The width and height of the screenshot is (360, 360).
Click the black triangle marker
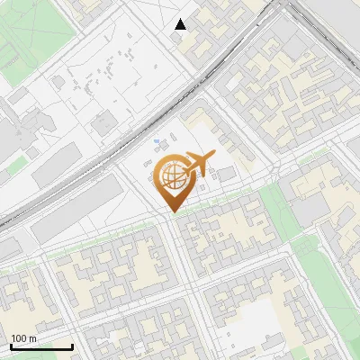[x=181, y=24]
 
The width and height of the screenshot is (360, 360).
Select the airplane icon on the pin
[x=200, y=163]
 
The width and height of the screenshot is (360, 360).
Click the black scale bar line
[x=40, y=346]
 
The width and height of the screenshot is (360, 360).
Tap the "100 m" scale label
[x=24, y=338]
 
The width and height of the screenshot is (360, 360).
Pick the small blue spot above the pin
[x=159, y=142]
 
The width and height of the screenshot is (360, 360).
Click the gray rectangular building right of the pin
[x=226, y=173]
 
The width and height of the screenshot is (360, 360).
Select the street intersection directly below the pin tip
[x=171, y=220]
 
